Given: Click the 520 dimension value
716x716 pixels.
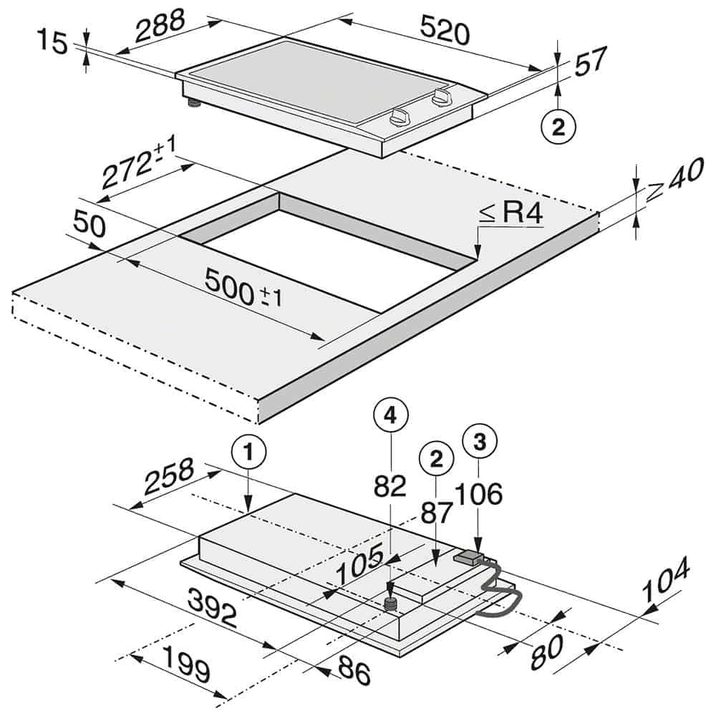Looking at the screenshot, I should point(445,32).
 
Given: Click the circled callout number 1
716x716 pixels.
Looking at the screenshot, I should point(248,453).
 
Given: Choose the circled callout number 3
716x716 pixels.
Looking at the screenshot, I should point(480,440).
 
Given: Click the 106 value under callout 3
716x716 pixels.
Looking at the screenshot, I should point(480,493).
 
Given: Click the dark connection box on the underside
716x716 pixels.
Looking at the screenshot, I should point(466,557).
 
